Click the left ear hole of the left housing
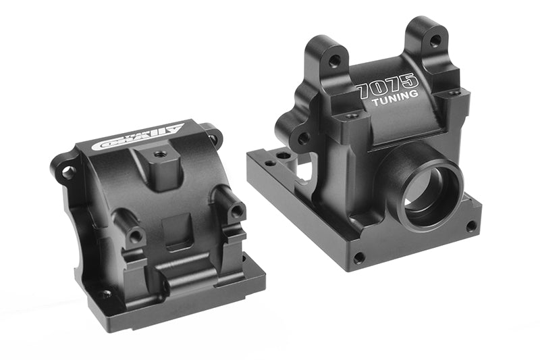[67, 172]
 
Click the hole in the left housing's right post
[236, 211]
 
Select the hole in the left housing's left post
[135, 236]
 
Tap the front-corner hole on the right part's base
[358, 257]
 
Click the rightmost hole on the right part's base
[470, 226]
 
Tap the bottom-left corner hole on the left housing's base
[106, 294]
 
